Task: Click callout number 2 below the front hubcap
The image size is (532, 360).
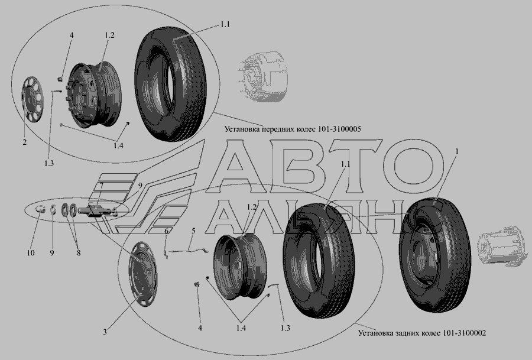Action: [24, 142]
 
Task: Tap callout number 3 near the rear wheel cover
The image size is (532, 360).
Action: [105, 332]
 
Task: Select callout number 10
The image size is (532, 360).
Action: [31, 253]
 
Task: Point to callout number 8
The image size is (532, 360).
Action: [79, 253]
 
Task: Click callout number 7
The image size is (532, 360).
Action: [101, 184]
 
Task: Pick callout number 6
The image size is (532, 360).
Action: [167, 231]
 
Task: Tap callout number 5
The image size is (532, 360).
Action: [193, 231]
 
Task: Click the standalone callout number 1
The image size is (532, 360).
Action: [457, 152]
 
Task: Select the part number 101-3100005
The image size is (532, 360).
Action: [340, 129]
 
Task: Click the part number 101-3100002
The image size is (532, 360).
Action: [464, 333]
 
